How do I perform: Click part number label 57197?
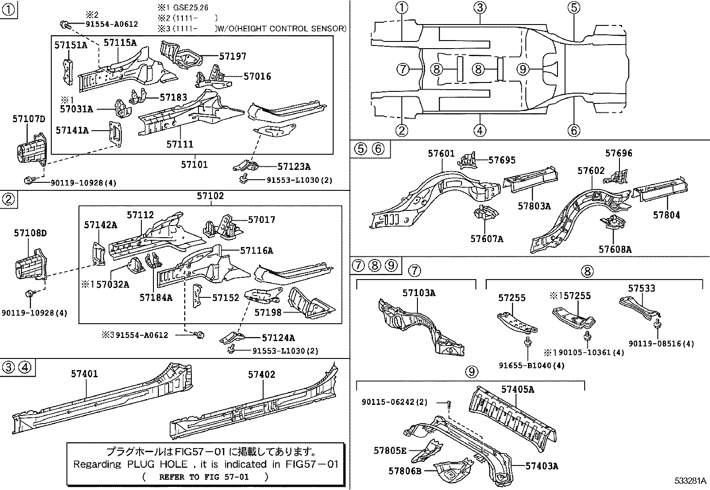[232, 56]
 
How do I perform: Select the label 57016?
[257, 76]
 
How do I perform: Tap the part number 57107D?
[29, 119]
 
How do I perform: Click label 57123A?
[293, 166]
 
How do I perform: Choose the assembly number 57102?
[211, 196]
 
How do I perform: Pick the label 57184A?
[156, 297]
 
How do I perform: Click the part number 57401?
[84, 374]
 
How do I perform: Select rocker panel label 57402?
[262, 375]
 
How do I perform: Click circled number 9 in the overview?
[523, 69]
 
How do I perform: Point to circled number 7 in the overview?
[402, 69]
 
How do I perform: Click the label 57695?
[502, 160]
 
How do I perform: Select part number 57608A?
[615, 249]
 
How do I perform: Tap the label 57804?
[666, 215]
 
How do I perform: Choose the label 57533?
[642, 288]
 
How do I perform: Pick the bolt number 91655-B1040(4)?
[532, 366]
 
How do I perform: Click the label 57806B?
[405, 470]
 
